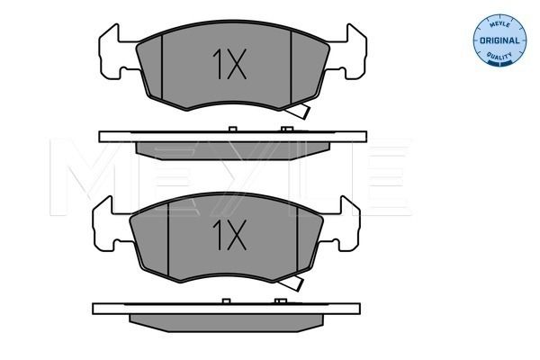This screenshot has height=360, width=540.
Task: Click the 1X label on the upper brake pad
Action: (229, 64)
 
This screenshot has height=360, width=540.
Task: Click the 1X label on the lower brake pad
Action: (229, 235)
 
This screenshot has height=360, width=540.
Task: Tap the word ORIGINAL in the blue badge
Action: (499, 40)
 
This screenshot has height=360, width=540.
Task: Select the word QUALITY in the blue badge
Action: (499, 56)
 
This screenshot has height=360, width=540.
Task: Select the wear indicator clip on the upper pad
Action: (299, 111)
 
